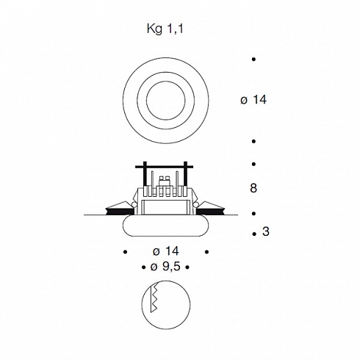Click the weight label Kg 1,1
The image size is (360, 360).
click(x=165, y=29)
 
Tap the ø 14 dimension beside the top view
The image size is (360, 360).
click(x=253, y=100)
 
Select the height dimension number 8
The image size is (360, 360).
click(x=253, y=188)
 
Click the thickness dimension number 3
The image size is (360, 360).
click(x=266, y=231)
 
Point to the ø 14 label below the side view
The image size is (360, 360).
click(x=166, y=251)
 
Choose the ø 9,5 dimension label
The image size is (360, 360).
click(x=165, y=267)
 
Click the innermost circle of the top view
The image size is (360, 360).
click(x=166, y=101)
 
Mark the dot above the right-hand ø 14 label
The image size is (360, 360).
click(x=253, y=60)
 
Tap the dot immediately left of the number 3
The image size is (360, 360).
click(x=254, y=234)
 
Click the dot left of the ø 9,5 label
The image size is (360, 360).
click(x=143, y=267)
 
